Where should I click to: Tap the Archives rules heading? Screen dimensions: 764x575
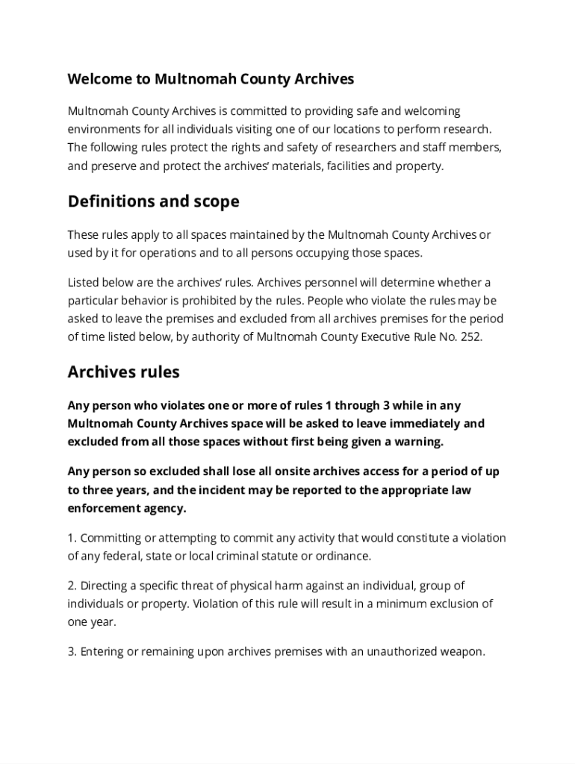[x=123, y=372]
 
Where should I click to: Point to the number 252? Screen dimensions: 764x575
[x=472, y=336]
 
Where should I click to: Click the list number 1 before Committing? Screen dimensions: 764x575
[x=71, y=538]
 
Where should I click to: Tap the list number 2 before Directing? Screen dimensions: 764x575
[x=71, y=586]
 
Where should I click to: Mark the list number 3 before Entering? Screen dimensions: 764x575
[x=71, y=651]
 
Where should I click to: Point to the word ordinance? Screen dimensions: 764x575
[x=342, y=556]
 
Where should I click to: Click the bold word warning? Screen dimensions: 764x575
[x=417, y=441]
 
